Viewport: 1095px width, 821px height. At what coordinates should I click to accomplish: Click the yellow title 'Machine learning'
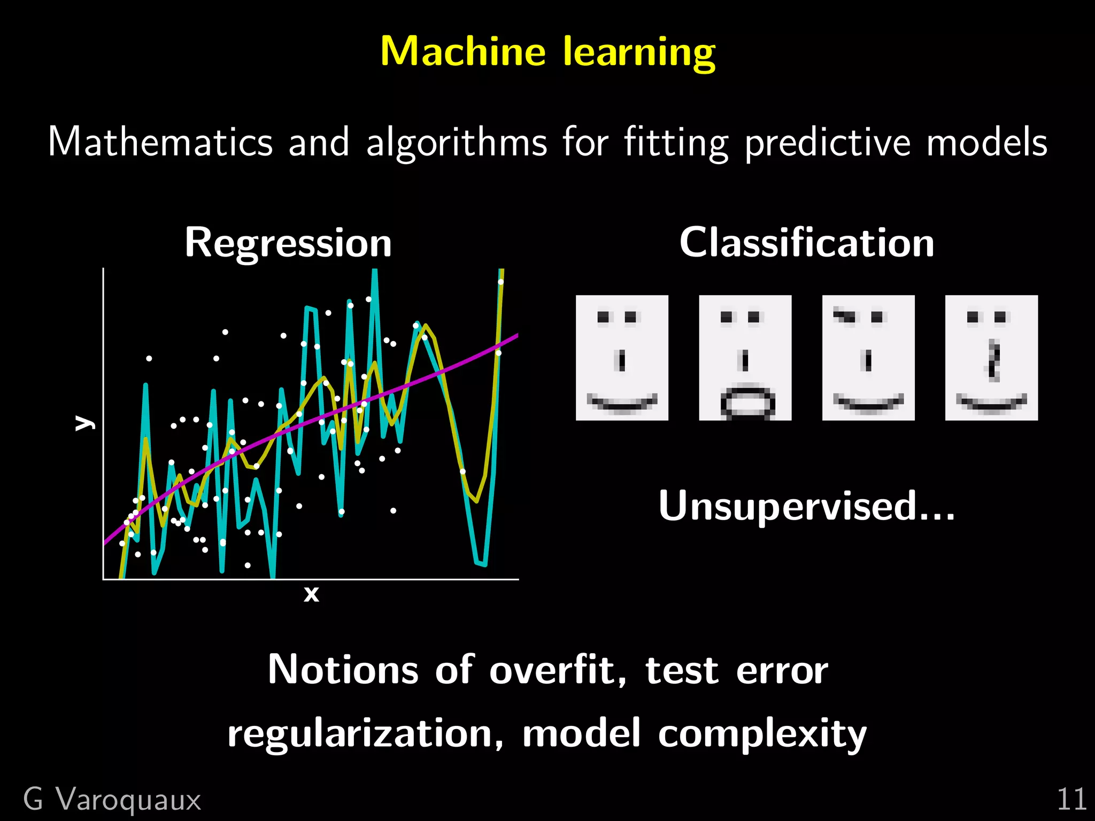click(x=547, y=52)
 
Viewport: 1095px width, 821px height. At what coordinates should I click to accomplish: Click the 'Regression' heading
click(x=288, y=243)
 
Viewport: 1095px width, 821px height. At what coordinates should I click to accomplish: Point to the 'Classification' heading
click(x=807, y=243)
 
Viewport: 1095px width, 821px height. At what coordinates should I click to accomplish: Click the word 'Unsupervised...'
click(x=806, y=506)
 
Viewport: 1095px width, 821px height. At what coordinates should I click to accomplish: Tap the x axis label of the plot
click(x=311, y=594)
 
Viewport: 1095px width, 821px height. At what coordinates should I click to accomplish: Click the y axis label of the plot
click(x=84, y=422)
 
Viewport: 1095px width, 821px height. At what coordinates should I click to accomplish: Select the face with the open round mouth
click(x=745, y=358)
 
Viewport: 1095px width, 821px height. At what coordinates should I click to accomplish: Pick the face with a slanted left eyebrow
click(x=868, y=358)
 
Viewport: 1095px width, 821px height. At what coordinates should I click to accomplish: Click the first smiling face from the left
click(x=622, y=358)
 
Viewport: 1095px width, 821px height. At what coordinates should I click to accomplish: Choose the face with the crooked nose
click(x=991, y=358)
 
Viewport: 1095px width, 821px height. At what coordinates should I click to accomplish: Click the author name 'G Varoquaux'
click(x=112, y=800)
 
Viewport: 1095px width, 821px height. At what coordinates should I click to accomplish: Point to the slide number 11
click(x=1071, y=800)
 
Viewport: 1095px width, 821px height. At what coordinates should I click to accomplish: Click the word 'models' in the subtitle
click(x=986, y=142)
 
